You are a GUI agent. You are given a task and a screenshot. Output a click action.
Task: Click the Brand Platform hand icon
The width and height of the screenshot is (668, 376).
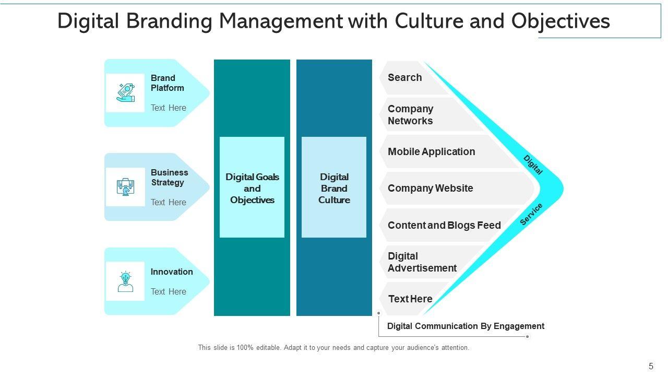point(125,92)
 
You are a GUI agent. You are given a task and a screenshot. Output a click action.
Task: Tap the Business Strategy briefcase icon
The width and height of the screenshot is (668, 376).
point(125,186)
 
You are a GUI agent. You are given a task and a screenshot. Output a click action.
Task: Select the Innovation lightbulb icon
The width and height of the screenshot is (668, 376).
point(125,281)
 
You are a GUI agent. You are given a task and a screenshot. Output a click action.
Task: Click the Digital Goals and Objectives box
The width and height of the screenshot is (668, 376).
point(252,188)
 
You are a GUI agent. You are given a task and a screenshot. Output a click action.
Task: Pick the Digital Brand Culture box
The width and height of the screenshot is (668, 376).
point(334,188)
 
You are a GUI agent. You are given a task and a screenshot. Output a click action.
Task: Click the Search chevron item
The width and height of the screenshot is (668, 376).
point(404,78)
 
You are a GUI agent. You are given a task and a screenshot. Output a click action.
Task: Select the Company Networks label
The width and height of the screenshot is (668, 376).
point(410,115)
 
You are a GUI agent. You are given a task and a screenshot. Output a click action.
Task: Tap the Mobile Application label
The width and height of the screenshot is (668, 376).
point(431,152)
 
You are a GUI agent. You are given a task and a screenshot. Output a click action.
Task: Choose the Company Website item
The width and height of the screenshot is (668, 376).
point(430,189)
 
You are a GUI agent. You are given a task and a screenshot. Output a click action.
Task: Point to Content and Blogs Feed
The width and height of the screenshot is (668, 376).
point(444,226)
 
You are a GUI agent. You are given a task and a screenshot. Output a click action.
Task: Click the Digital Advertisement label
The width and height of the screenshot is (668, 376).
point(422,262)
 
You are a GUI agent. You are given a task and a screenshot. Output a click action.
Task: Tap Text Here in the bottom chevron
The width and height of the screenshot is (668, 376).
point(410,299)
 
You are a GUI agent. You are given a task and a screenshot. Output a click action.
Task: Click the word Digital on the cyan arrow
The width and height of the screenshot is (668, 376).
point(533,164)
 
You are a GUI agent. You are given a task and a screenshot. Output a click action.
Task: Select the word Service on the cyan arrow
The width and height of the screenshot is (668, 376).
point(531,214)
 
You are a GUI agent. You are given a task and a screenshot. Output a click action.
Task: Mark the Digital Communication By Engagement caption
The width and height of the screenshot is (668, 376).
point(466,326)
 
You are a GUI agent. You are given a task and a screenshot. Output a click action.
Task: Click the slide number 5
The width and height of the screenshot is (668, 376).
point(651,367)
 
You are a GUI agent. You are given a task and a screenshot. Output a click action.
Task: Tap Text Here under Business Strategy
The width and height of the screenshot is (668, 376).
point(168,203)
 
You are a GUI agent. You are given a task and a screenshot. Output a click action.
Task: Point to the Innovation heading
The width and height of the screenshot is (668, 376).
point(172,272)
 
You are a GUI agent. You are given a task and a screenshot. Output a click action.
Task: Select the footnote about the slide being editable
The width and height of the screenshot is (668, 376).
point(333,348)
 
